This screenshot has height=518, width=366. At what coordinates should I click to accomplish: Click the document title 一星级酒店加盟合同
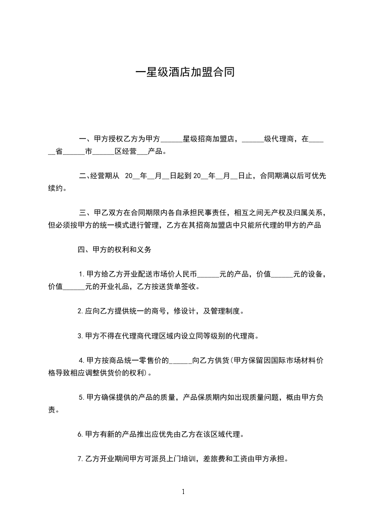click(x=183, y=72)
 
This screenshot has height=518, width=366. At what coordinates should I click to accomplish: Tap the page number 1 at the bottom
click(x=183, y=492)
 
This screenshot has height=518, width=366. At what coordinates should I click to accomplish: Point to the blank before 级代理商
click(x=252, y=139)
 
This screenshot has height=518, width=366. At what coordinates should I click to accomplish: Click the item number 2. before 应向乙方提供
click(x=81, y=312)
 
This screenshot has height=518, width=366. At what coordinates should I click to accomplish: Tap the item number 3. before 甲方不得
click(x=81, y=336)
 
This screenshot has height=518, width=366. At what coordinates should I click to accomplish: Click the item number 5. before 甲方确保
click(x=82, y=398)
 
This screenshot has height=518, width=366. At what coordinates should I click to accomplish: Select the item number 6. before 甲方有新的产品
click(x=81, y=434)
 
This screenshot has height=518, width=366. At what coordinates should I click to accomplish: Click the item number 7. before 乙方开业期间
click(x=81, y=459)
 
